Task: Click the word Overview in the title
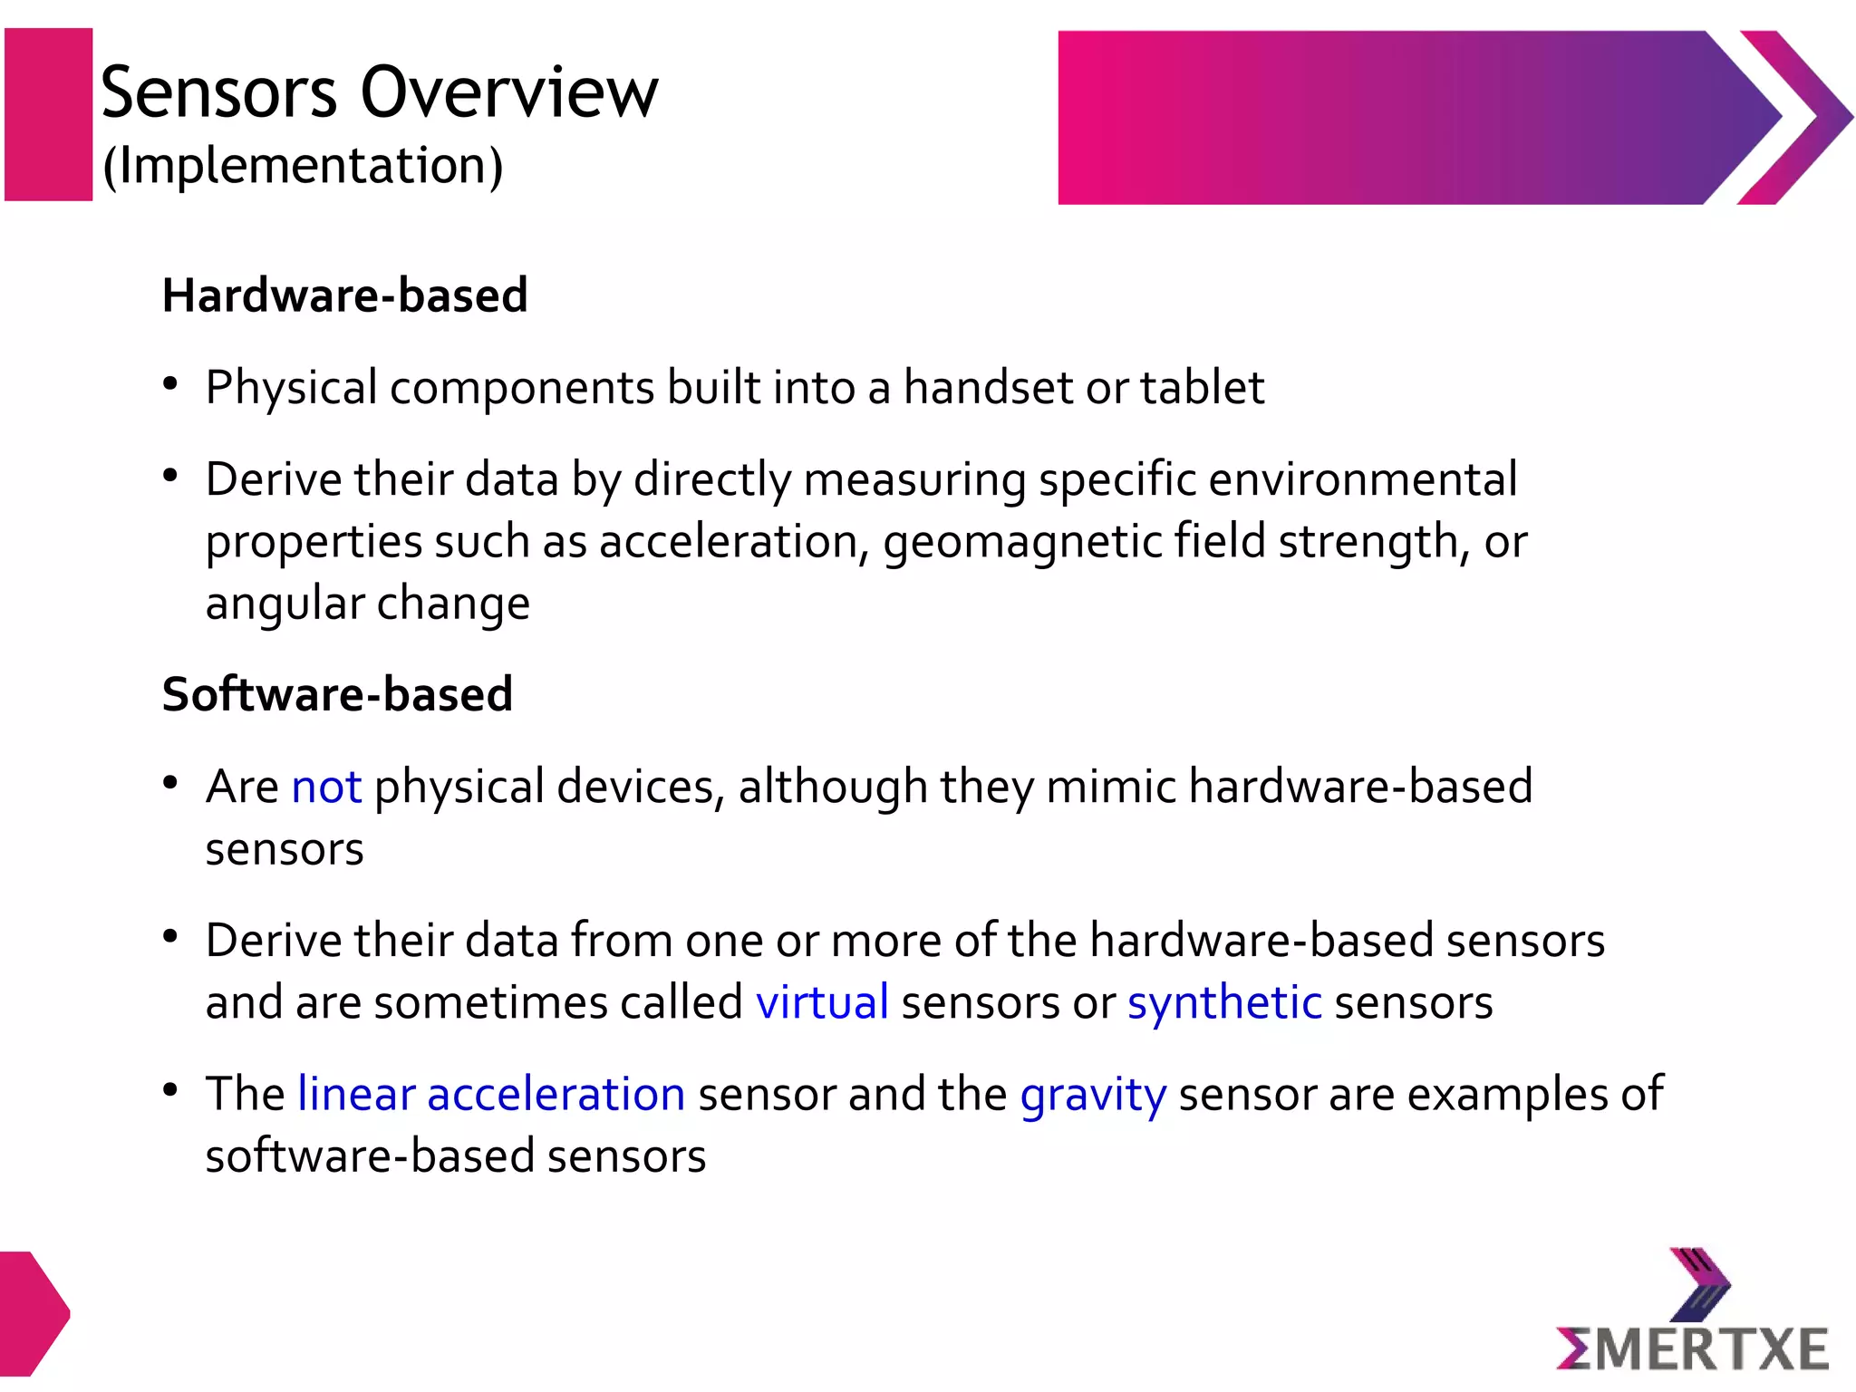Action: coord(509,92)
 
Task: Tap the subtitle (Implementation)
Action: coord(303,166)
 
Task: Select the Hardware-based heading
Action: coord(344,295)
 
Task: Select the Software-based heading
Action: coord(337,694)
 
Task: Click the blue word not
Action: coord(326,787)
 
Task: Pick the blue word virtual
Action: coord(822,1002)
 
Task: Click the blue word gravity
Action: coord(1093,1095)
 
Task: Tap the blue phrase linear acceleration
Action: coord(491,1094)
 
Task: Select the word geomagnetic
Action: coord(1022,543)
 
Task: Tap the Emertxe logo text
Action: coord(1691,1348)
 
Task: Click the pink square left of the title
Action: coord(49,114)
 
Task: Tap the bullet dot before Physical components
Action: coord(170,384)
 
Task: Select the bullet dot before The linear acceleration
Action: coord(170,1090)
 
